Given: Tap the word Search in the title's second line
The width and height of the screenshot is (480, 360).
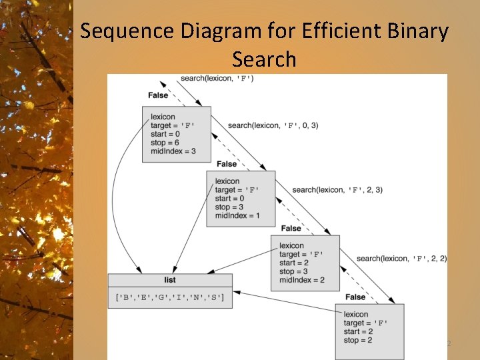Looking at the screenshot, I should pyautogui.click(x=264, y=59).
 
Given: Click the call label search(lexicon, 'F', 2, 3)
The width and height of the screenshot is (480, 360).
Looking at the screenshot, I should pyautogui.click(x=337, y=190).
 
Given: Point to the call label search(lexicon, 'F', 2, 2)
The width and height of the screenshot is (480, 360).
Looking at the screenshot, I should pyautogui.click(x=401, y=258).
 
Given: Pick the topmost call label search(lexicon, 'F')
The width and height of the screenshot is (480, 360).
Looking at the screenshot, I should pyautogui.click(x=217, y=79).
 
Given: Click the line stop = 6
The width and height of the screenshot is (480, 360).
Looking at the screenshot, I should pyautogui.click(x=165, y=143).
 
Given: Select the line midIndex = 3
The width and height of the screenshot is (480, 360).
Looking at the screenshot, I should pyautogui.click(x=173, y=151).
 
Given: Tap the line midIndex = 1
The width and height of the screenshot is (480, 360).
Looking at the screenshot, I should pyautogui.click(x=237, y=215).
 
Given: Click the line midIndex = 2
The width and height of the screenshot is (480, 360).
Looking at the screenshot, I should pyautogui.click(x=301, y=280).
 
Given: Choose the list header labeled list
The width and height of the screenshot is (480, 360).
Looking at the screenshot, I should pyautogui.click(x=170, y=280).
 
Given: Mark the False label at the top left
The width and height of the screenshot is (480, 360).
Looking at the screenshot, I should pyautogui.click(x=158, y=95).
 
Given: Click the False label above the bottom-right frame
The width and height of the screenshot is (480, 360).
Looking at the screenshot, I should pyautogui.click(x=355, y=297).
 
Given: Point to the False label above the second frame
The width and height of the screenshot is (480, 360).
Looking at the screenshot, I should pyautogui.click(x=227, y=164).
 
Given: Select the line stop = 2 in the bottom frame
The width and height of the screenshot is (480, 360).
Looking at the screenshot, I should pyautogui.click(x=358, y=340).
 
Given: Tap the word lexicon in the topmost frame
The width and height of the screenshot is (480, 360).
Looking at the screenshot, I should pyautogui.click(x=163, y=117).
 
